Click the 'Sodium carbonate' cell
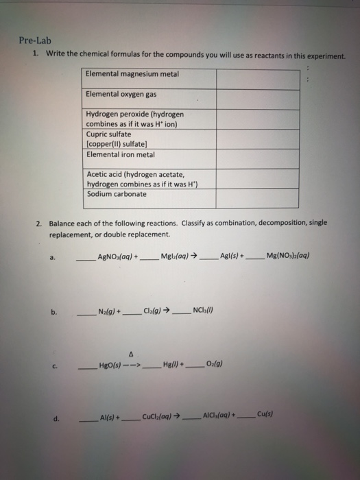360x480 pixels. click(117, 194)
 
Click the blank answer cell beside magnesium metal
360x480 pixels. click(258, 78)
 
